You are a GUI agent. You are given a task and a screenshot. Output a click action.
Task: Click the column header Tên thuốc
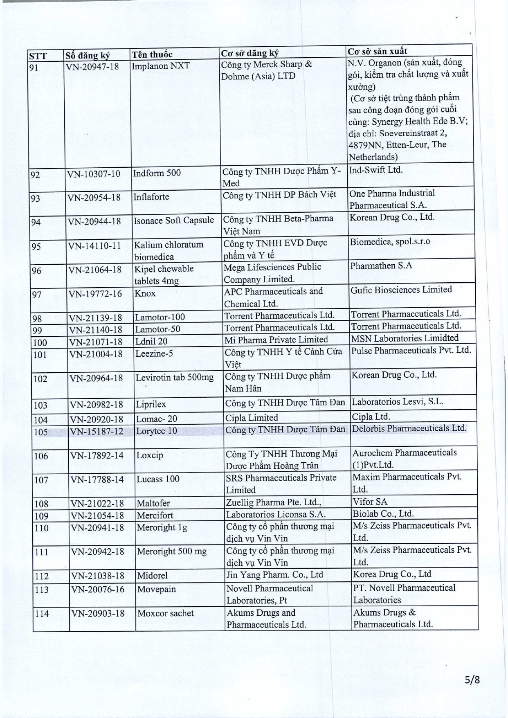coord(152,54)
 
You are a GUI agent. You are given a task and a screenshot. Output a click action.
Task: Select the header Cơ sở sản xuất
coord(377,51)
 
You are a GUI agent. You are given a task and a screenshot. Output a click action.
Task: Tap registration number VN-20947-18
coord(92,66)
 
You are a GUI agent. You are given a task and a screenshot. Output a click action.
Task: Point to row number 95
coord(36,246)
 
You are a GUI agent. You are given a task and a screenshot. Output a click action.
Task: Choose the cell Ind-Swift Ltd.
coord(375,170)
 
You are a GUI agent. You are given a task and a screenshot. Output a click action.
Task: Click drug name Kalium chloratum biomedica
coord(169,250)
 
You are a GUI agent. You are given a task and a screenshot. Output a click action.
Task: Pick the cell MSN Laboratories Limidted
coord(405,338)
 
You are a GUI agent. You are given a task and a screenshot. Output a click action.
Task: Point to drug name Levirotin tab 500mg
coord(175,377)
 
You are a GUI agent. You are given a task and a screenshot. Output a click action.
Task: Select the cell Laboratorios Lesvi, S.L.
coord(398,402)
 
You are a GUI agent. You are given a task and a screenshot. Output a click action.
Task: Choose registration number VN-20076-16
coord(97,589)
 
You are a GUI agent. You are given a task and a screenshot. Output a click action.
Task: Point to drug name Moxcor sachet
coord(166,613)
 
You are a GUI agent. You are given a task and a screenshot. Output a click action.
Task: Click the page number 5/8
coord(472,680)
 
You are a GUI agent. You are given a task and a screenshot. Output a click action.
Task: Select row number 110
coord(42,528)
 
